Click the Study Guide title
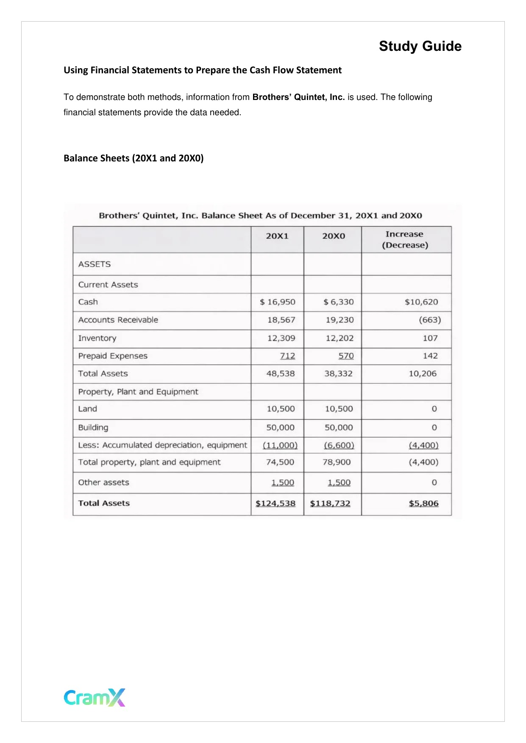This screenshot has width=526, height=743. [420, 46]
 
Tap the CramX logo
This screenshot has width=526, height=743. [95, 697]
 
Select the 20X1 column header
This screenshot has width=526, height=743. [277, 236]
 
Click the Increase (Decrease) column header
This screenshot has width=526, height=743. [405, 240]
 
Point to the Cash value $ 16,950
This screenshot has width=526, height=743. [278, 302]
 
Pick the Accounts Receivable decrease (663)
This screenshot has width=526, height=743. [430, 320]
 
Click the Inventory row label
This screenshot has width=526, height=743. [97, 338]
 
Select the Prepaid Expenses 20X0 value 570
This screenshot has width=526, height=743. [346, 356]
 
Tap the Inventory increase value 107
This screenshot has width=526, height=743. [430, 338]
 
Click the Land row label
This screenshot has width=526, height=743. [88, 409]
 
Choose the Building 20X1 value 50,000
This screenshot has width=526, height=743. [280, 427]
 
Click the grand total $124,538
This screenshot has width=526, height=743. [276, 503]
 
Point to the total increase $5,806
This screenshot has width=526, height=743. [423, 503]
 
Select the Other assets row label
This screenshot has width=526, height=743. [103, 482]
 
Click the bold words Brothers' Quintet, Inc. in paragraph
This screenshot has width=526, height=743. [298, 97]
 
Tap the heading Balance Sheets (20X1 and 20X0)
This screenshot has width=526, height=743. [134, 158]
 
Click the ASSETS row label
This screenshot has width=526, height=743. [95, 264]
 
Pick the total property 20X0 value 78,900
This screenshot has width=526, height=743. [337, 462]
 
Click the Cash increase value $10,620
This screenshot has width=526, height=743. [421, 302]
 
